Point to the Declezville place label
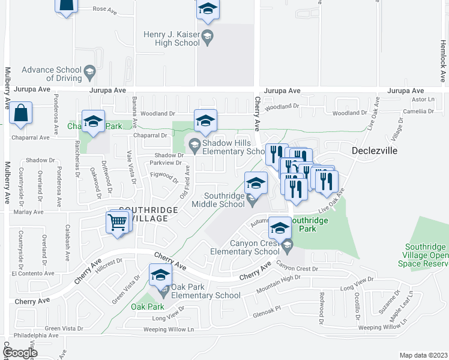tap(375, 151)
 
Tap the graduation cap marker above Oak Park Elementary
tap(160, 275)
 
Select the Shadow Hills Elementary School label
tap(234, 147)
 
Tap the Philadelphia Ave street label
tap(29, 335)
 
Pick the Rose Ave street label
tap(103, 10)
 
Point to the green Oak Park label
tap(146, 307)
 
